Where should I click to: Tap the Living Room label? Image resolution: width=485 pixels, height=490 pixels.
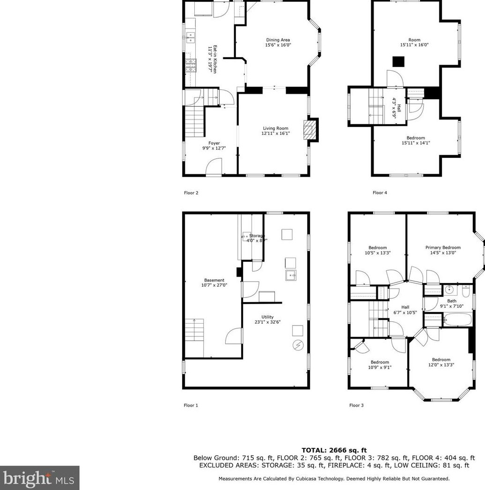pyautogui.click(x=275, y=131)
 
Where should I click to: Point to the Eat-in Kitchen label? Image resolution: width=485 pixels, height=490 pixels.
pyautogui.click(x=213, y=58)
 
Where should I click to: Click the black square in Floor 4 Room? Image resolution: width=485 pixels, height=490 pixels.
pyautogui.click(x=398, y=61)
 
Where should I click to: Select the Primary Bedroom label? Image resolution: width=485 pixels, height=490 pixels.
pyautogui.click(x=443, y=250)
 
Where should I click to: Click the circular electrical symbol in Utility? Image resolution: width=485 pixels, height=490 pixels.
pyautogui.click(x=297, y=346)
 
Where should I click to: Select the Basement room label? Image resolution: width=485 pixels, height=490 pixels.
pyautogui.click(x=214, y=282)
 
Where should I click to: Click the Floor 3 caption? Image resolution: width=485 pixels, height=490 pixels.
pyautogui.click(x=356, y=405)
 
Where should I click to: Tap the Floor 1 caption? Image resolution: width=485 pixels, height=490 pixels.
pyautogui.click(x=191, y=405)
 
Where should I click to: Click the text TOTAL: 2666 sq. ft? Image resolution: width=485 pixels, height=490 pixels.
pyautogui.click(x=334, y=450)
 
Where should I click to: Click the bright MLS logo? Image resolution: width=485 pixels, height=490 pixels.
pyautogui.click(x=39, y=478)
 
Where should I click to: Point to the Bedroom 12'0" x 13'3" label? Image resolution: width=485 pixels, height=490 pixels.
pyautogui.click(x=441, y=362)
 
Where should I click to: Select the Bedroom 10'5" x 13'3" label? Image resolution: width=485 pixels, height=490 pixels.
pyautogui.click(x=377, y=250)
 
